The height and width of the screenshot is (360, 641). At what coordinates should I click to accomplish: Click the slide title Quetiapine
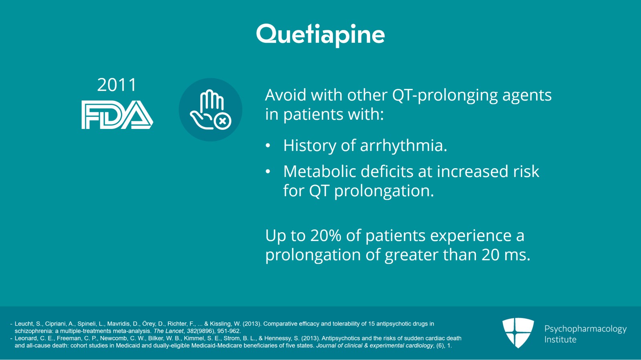(320, 34)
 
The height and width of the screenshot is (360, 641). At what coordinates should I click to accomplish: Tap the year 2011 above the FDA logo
(117, 85)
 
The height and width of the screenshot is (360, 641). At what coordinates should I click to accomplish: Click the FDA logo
(117, 115)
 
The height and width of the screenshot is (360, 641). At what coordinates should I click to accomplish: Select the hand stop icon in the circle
(210, 110)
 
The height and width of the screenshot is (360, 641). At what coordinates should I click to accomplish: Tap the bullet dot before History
(268, 146)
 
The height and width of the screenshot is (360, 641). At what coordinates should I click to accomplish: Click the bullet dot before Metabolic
(268, 172)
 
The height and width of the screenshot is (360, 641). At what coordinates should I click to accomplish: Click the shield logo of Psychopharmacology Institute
(518, 332)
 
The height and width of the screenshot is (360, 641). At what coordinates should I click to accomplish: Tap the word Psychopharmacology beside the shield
(585, 329)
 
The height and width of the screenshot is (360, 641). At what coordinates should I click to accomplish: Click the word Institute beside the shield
(560, 340)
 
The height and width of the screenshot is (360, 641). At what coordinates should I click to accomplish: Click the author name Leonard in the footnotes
(25, 338)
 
